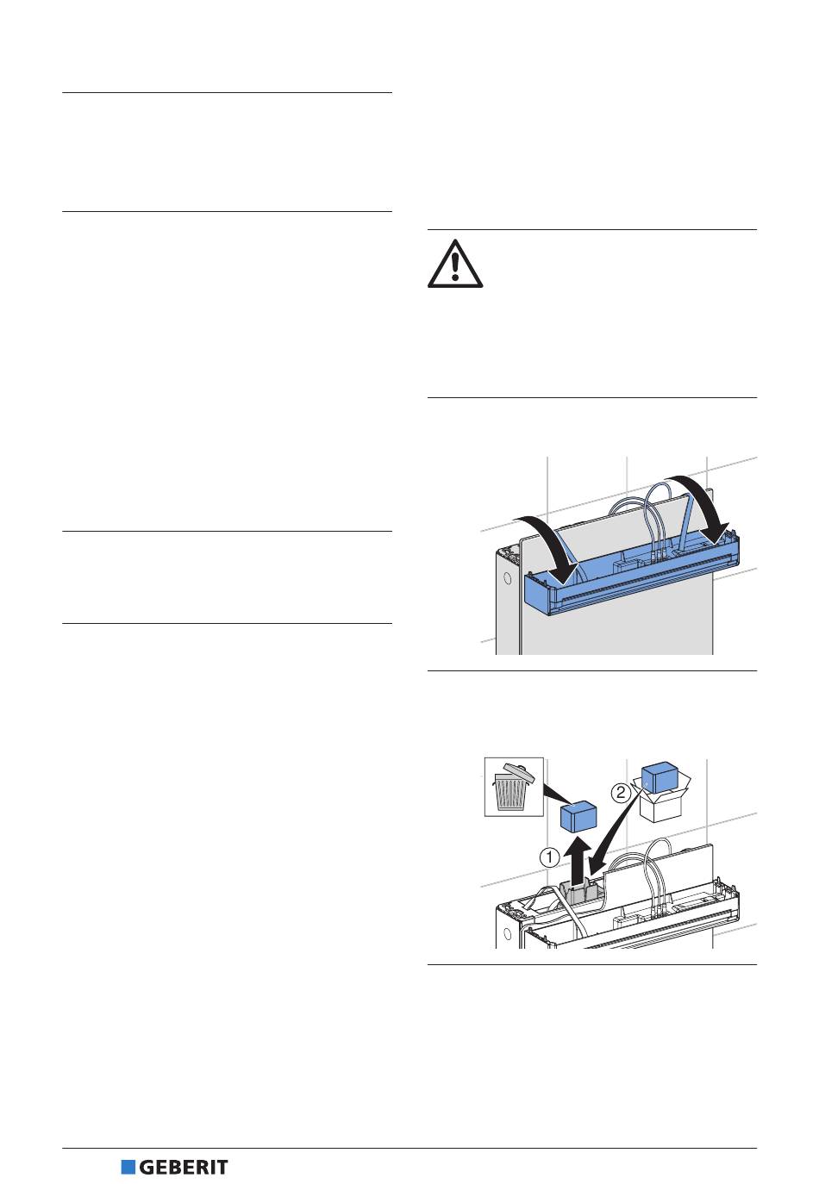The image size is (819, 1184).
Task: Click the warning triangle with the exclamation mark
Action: [x=455, y=264]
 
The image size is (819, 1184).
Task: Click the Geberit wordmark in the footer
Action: [x=184, y=1168]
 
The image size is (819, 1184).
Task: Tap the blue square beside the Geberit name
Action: [x=128, y=1168]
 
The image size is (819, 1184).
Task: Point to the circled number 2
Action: [x=621, y=792]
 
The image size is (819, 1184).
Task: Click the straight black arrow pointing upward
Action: [x=578, y=857]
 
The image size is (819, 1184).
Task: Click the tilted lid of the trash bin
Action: [x=517, y=768]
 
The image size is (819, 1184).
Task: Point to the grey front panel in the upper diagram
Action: [x=621, y=629]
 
